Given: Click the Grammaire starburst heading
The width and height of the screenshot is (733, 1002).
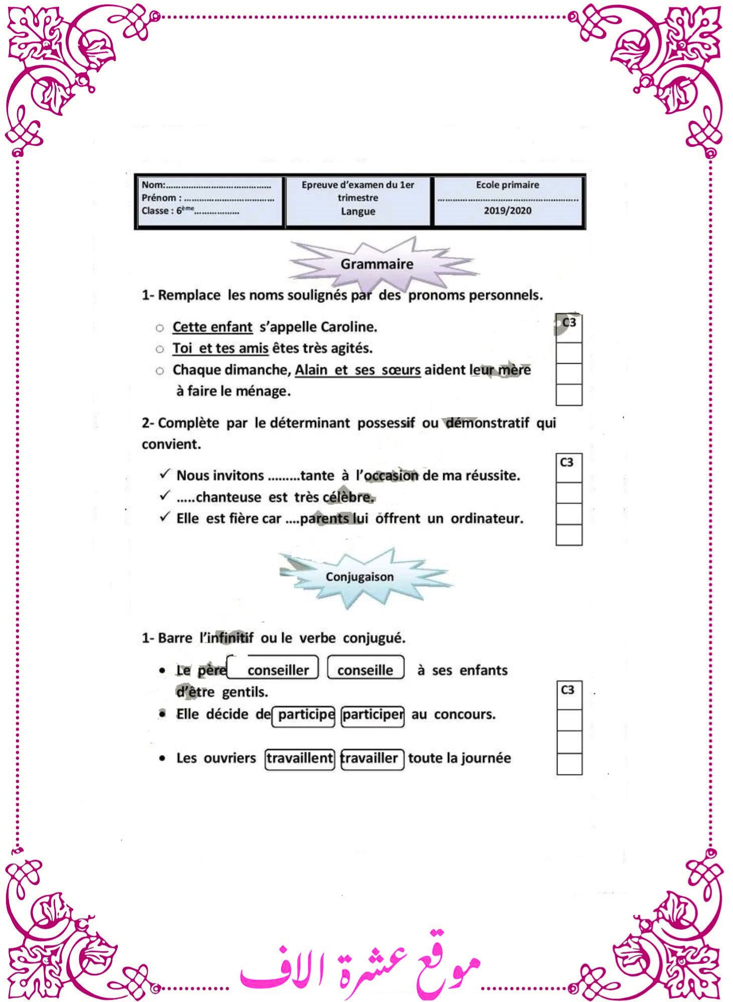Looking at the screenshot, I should tap(377, 264).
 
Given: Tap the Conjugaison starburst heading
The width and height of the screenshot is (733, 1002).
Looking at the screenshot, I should tap(359, 577).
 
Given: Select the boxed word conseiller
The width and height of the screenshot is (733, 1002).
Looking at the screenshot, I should tap(278, 670).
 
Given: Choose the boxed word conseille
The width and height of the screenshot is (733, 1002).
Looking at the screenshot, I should tap(365, 670).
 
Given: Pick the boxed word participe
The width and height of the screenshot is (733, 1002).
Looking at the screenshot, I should tap(305, 714).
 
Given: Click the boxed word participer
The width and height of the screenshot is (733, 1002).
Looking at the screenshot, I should tap(373, 714).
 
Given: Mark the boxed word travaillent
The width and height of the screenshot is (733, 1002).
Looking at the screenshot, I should tap(299, 758).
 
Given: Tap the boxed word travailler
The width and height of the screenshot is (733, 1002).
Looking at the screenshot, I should tap(372, 758).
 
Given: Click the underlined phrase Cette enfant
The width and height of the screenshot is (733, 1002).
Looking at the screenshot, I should tap(212, 327).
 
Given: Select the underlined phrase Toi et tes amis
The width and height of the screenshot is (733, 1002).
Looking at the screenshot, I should tap(220, 348).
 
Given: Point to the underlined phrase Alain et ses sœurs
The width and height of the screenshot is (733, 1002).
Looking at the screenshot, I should tap(357, 370).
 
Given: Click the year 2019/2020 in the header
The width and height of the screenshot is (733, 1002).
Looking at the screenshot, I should tap(507, 211).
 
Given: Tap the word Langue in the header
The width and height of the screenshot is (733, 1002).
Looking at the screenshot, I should tap(358, 211).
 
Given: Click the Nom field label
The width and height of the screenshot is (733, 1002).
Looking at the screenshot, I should tap(152, 185).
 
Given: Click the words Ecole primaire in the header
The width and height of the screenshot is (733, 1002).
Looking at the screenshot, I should tap(507, 185).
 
